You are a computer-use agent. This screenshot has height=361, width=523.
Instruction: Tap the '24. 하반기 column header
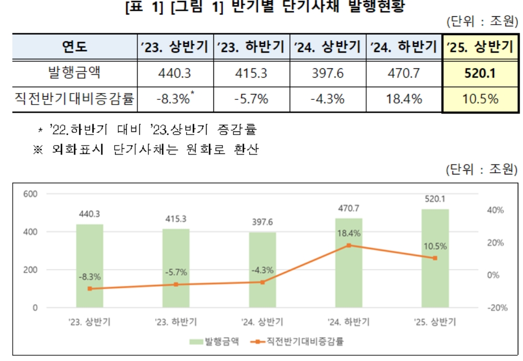(404, 47)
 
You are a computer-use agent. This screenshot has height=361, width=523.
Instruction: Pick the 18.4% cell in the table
(404, 98)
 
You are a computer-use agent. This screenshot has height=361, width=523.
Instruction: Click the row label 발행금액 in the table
(74, 73)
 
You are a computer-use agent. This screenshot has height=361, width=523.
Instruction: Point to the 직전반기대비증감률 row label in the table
(74, 98)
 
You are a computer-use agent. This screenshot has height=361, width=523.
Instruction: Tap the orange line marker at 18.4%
(348, 245)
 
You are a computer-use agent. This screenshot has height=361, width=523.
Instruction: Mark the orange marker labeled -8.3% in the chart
(89, 288)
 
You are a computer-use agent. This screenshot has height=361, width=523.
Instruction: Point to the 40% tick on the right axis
(496, 210)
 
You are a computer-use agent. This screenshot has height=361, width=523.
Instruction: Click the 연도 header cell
(74, 47)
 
